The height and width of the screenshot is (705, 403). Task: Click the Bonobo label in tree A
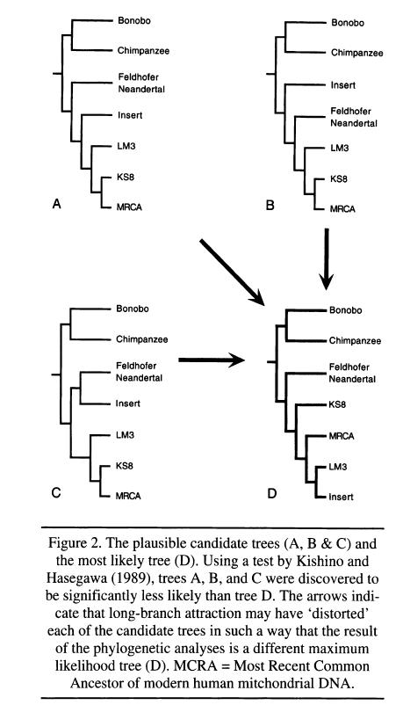[133, 20]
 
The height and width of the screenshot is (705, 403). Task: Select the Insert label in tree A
[130, 115]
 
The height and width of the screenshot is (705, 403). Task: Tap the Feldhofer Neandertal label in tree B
[354, 117]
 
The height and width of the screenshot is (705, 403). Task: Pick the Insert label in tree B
[343, 85]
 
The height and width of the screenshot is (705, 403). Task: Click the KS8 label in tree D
[337, 404]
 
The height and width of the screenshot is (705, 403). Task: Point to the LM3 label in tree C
[125, 435]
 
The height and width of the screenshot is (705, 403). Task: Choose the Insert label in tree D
[341, 497]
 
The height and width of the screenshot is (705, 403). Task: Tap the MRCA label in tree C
[128, 496]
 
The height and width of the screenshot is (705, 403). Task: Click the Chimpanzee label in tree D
[355, 341]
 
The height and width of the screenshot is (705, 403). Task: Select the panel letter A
[56, 205]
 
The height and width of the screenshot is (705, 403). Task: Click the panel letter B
[270, 206]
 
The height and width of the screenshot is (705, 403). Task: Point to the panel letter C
[56, 493]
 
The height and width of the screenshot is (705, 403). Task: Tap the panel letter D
[272, 494]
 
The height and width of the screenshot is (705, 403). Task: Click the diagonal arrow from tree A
[232, 273]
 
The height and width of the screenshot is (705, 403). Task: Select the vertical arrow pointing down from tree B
[327, 259]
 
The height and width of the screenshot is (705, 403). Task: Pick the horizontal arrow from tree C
[212, 360]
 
